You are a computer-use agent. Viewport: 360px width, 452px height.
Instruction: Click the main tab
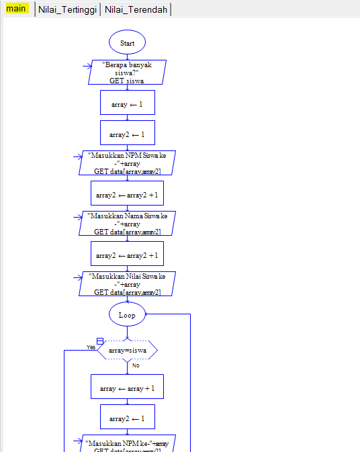pos(17,9)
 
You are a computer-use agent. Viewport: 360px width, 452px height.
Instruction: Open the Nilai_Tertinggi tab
pos(67,9)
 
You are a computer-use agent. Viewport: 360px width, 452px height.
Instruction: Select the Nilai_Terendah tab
pos(136,9)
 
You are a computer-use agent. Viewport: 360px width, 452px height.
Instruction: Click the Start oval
pos(127,42)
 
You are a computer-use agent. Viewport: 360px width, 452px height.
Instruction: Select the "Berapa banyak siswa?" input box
pos(127,73)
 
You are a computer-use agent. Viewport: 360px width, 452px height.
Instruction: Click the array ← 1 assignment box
pos(127,104)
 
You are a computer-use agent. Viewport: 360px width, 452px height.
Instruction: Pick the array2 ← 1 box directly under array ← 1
pos(127,134)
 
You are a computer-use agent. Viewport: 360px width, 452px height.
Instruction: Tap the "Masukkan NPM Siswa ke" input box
pos(127,163)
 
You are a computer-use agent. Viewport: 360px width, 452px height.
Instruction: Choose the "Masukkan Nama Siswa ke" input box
pos(127,224)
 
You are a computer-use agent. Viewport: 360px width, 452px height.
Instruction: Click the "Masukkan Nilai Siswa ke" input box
pos(127,284)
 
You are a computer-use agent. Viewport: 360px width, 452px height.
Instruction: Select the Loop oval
pos(127,314)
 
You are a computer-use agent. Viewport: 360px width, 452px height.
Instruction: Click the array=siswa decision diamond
pos(127,350)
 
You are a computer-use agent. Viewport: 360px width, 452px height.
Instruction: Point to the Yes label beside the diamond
pos(91,347)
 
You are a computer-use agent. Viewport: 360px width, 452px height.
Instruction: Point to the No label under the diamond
pos(135,365)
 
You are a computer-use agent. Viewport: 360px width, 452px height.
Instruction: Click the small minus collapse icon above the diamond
pos(100,341)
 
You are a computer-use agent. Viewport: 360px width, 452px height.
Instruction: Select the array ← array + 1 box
pos(127,388)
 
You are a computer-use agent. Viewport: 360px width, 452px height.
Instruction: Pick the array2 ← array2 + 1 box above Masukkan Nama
pos(127,194)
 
